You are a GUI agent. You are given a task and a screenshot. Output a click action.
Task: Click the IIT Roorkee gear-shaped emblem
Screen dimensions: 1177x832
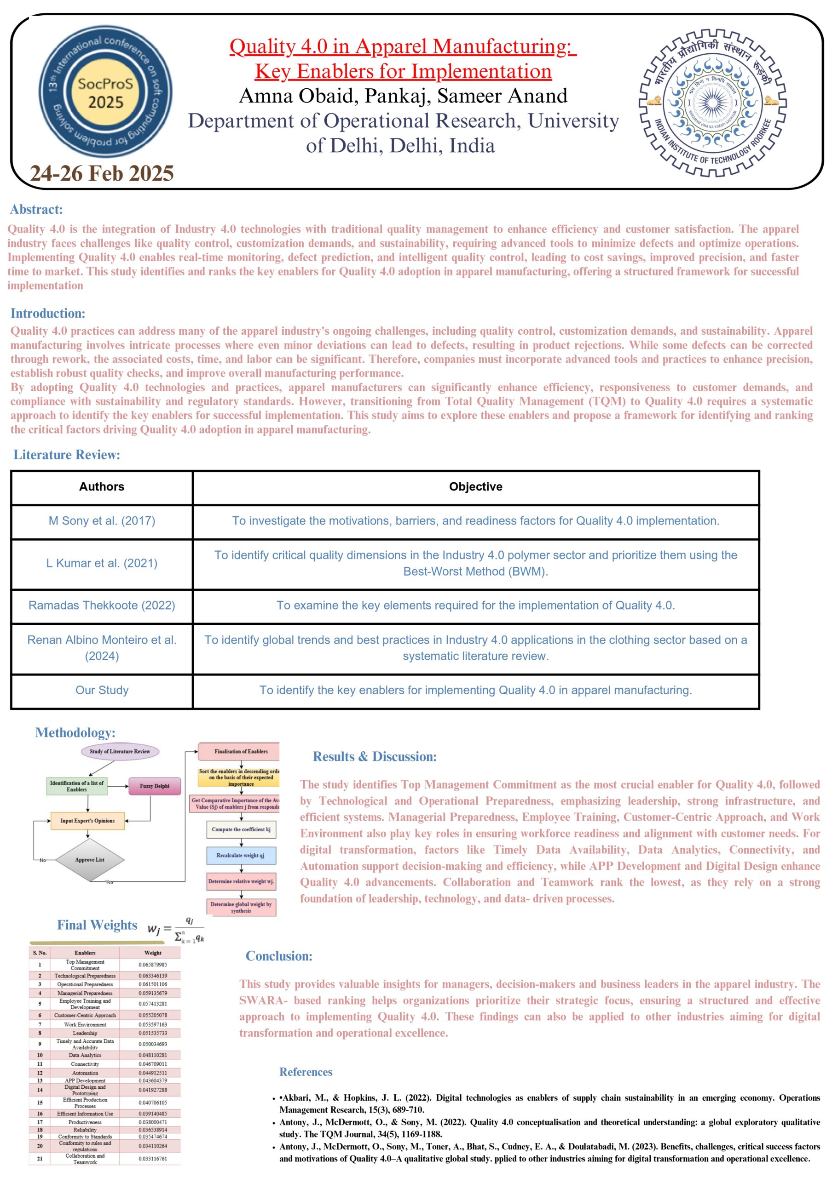tap(712, 103)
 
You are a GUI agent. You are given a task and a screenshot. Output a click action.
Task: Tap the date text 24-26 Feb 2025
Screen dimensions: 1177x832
tap(102, 174)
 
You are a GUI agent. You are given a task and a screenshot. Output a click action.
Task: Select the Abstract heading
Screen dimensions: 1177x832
tap(36, 209)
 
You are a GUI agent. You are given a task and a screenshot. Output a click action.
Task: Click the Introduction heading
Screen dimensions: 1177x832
tap(48, 313)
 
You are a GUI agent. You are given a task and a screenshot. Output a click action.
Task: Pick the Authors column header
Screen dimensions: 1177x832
tap(102, 486)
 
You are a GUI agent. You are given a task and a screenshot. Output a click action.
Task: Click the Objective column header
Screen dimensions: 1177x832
tap(475, 486)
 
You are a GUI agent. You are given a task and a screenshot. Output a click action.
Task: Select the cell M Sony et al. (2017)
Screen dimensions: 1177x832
tap(102, 521)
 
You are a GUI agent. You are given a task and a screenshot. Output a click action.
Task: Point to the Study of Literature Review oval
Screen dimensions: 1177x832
tap(120, 752)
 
